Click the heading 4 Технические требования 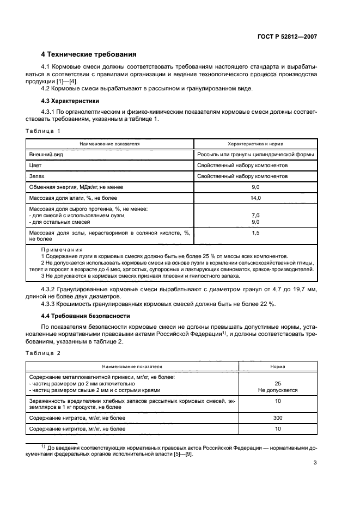tap(89, 54)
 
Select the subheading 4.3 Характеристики tap(69, 101)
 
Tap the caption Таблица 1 tap(44, 131)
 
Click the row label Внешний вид tap(45, 154)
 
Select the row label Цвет tap(36, 165)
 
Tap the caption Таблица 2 tap(44, 354)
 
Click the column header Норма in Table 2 tap(277, 367)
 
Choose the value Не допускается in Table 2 tap(277, 390)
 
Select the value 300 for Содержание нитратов tap(277, 418)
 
